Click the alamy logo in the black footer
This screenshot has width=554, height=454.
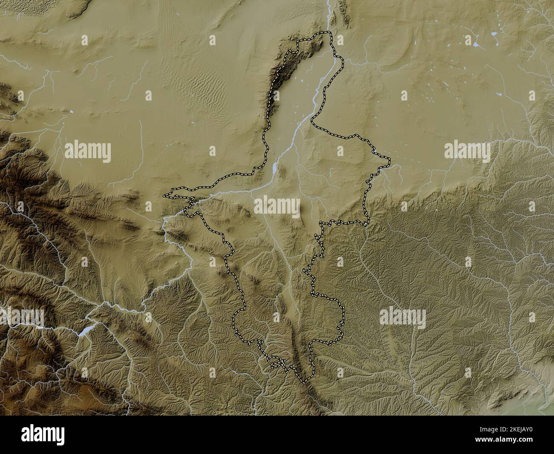tap(43, 435)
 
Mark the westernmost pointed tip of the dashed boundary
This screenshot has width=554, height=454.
tap(165, 196)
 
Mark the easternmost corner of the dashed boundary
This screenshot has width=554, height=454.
tap(389, 159)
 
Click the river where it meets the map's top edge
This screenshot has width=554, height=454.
tap(329, 2)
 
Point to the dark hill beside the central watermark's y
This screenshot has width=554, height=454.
tap(303, 209)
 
